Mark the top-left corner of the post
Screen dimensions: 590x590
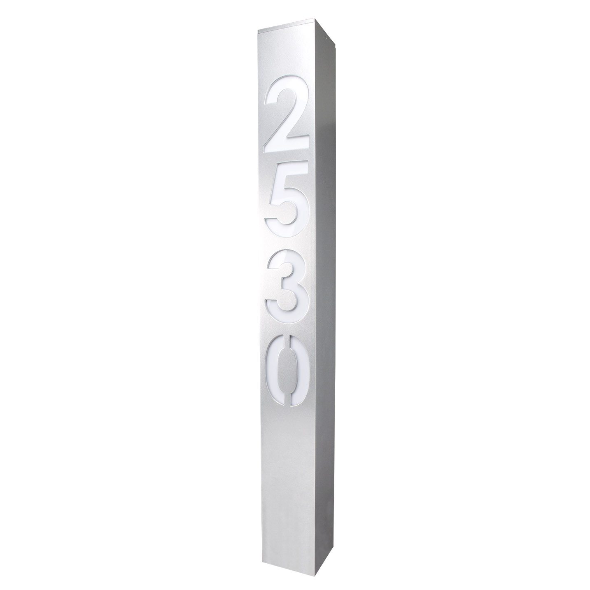258,31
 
